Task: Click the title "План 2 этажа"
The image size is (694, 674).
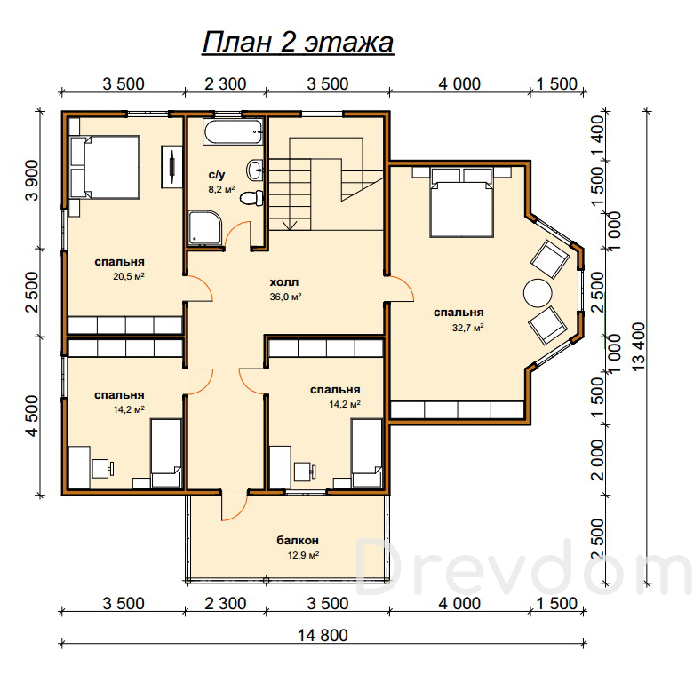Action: point(298,43)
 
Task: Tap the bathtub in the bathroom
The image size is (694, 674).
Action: point(233,131)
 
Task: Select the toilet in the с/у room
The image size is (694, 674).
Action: point(251,198)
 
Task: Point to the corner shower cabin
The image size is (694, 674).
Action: point(205,227)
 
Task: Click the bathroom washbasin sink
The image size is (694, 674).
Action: point(255,170)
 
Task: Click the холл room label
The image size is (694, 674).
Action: point(284,281)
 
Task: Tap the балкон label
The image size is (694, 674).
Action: point(298,540)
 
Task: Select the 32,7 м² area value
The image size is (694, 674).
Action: point(467,328)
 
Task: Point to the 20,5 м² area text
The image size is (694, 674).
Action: point(129,277)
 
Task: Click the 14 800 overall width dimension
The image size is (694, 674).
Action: point(323,635)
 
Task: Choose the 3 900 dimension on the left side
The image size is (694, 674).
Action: point(32,180)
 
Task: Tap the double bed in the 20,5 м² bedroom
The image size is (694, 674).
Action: point(105,167)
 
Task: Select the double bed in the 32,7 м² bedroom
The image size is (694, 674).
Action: point(462,202)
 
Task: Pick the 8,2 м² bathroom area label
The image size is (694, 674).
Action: point(221,190)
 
